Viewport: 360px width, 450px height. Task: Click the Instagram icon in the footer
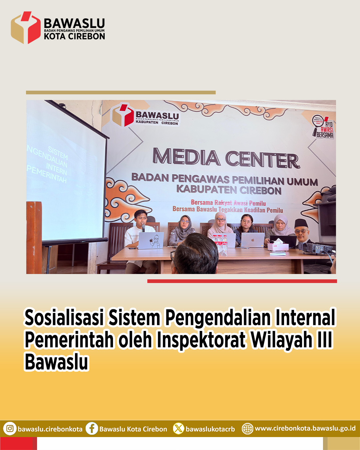(x=10, y=428)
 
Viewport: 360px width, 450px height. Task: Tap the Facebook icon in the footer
(x=92, y=428)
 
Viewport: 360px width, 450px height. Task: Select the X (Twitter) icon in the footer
(x=178, y=428)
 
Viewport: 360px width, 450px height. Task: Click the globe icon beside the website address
(x=247, y=428)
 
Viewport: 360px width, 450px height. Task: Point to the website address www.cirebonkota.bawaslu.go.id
(x=305, y=428)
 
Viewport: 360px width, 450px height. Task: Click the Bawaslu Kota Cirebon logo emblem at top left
(x=26, y=28)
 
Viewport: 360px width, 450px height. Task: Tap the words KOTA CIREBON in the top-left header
(x=74, y=36)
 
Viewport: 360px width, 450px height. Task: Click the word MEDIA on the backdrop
(x=186, y=157)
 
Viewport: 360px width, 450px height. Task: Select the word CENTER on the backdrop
(x=262, y=160)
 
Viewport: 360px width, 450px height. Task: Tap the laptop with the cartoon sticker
(x=151, y=240)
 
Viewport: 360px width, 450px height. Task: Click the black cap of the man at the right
(x=301, y=223)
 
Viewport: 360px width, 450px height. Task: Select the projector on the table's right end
(x=317, y=248)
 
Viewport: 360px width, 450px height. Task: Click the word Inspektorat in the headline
(x=201, y=340)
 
